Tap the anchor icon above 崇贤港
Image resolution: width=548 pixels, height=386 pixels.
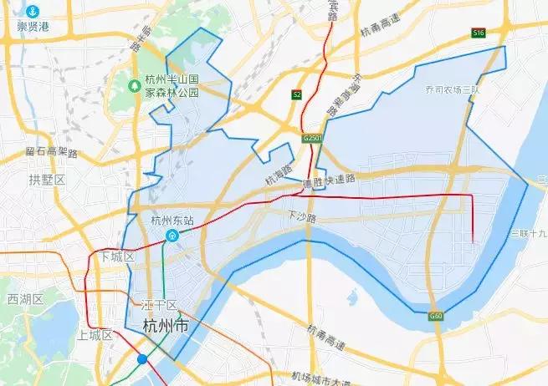32,11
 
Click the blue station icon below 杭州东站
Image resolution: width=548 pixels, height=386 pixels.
172,236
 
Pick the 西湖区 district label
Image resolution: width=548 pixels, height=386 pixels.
24,298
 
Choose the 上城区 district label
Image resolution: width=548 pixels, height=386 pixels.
94,335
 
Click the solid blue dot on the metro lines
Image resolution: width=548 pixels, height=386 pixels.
143,359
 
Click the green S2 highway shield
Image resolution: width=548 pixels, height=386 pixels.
296,95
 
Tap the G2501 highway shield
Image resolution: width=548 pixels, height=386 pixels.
313,136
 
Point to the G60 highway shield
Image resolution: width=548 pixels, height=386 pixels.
435,316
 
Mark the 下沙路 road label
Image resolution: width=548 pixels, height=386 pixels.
303,216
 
